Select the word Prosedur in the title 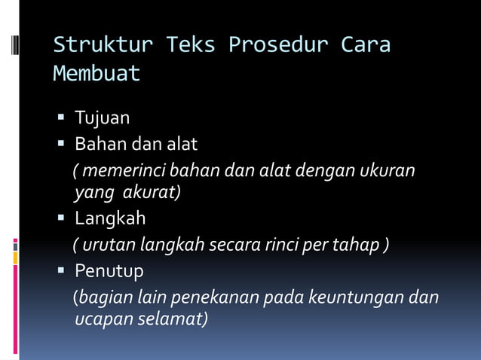click(x=278, y=45)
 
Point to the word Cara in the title click(x=366, y=45)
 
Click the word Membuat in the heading click(x=97, y=75)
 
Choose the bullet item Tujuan click(x=102, y=118)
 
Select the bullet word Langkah click(x=110, y=219)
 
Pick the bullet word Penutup click(x=109, y=270)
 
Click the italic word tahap click(x=362, y=245)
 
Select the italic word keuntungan click(x=352, y=297)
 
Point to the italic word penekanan click(x=210, y=297)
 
